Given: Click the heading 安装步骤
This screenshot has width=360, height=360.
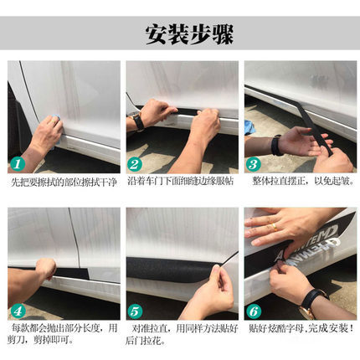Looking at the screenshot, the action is click(189, 35).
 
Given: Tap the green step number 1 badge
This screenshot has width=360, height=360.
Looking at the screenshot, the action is click(18, 164).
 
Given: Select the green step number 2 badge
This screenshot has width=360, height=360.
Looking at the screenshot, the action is click(135, 164).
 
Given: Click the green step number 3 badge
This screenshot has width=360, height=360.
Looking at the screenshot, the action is click(253, 164).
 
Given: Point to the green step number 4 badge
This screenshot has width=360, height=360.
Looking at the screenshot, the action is click(18, 311).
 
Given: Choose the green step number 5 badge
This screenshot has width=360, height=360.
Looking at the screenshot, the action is click(135, 311).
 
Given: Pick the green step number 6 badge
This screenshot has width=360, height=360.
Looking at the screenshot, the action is click(253, 311).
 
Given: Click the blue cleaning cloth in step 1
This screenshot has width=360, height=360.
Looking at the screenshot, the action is click(57, 127).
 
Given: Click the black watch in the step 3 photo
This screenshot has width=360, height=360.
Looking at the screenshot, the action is click(276, 145).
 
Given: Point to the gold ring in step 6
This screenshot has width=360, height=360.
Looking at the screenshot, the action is click(275, 227).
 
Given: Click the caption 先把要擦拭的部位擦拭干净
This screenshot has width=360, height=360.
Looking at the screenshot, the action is click(64, 183).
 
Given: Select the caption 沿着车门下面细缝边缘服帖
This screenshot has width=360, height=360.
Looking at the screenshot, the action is click(181, 181).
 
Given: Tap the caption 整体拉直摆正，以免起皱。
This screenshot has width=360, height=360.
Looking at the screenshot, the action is click(303, 181).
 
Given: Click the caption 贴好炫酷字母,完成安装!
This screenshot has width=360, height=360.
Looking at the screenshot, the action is click(301, 328).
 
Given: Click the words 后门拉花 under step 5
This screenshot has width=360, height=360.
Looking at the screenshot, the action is click(143, 341).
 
